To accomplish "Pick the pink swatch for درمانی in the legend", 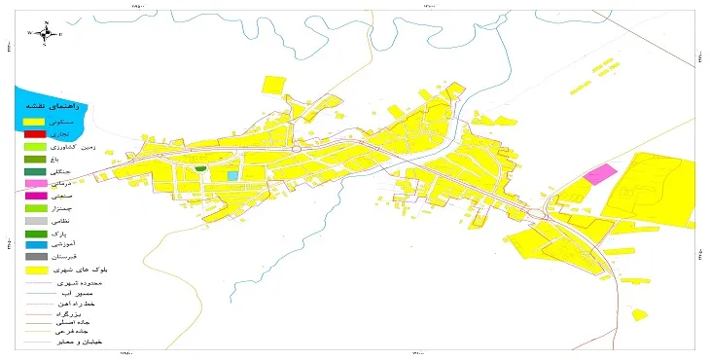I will click(x=35, y=182).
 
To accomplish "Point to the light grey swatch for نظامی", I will click(x=35, y=221).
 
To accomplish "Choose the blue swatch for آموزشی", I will click(x=35, y=245).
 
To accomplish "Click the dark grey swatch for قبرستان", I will click(x=35, y=258).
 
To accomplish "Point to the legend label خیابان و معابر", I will click(x=80, y=342).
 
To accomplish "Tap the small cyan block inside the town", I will click(x=232, y=175).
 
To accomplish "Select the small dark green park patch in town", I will click(x=200, y=169).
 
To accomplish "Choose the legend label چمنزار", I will click(x=59, y=207).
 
